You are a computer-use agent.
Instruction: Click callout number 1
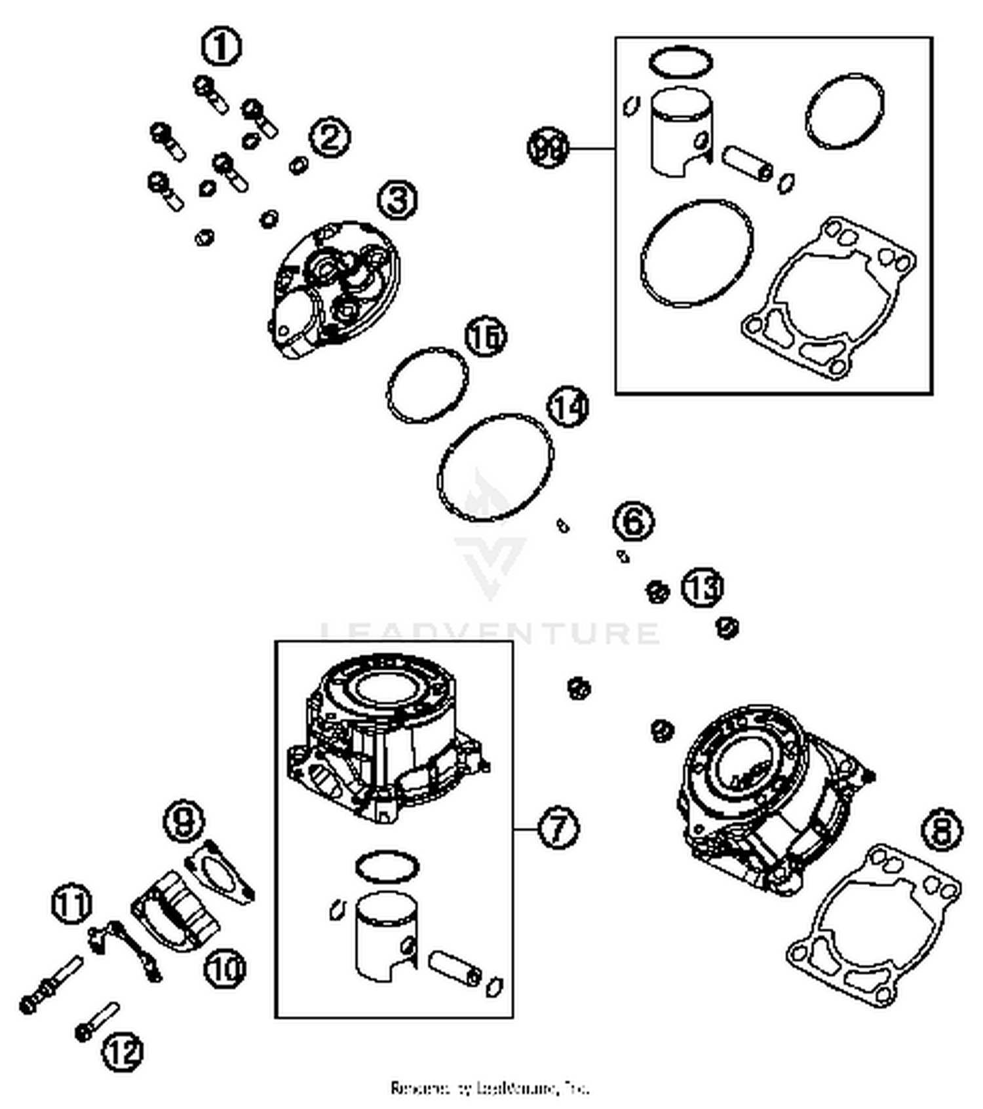(221, 47)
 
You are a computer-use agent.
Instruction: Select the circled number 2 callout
(330, 138)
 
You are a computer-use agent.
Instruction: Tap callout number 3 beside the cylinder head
(398, 200)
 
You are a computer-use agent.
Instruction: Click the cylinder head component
(335, 289)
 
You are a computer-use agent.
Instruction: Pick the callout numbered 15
(486, 337)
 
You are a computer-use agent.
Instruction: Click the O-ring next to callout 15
(427, 385)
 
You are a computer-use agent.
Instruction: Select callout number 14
(568, 407)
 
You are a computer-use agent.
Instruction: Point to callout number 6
(634, 521)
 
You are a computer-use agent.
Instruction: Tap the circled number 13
(703, 587)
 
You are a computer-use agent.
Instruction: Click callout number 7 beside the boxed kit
(558, 828)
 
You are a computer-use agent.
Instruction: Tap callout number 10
(225, 968)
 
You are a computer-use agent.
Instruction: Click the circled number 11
(71, 904)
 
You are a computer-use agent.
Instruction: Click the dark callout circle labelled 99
(548, 148)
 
